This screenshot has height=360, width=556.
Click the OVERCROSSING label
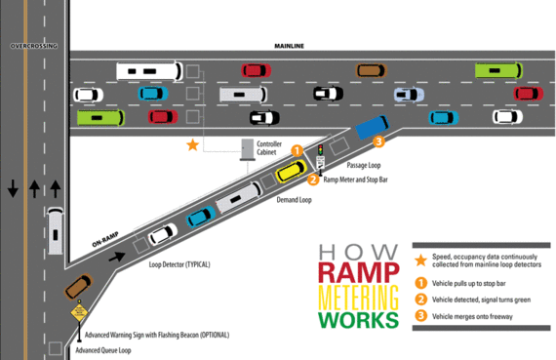pyautogui.click(x=32, y=45)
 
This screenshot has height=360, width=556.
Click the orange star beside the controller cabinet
pyautogui.click(x=192, y=145)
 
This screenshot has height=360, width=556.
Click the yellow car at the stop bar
pyautogui.click(x=291, y=172)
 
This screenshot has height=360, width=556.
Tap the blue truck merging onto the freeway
pyautogui.click(x=372, y=127)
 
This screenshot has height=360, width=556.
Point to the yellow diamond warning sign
pyautogui.click(x=76, y=314)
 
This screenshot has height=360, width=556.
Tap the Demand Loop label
pyautogui.click(x=293, y=199)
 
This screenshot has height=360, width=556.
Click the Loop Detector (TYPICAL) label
pyautogui.click(x=179, y=264)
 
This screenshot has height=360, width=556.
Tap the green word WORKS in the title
pyautogui.click(x=358, y=319)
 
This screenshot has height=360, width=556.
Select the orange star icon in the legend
pyautogui.click(x=420, y=260)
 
